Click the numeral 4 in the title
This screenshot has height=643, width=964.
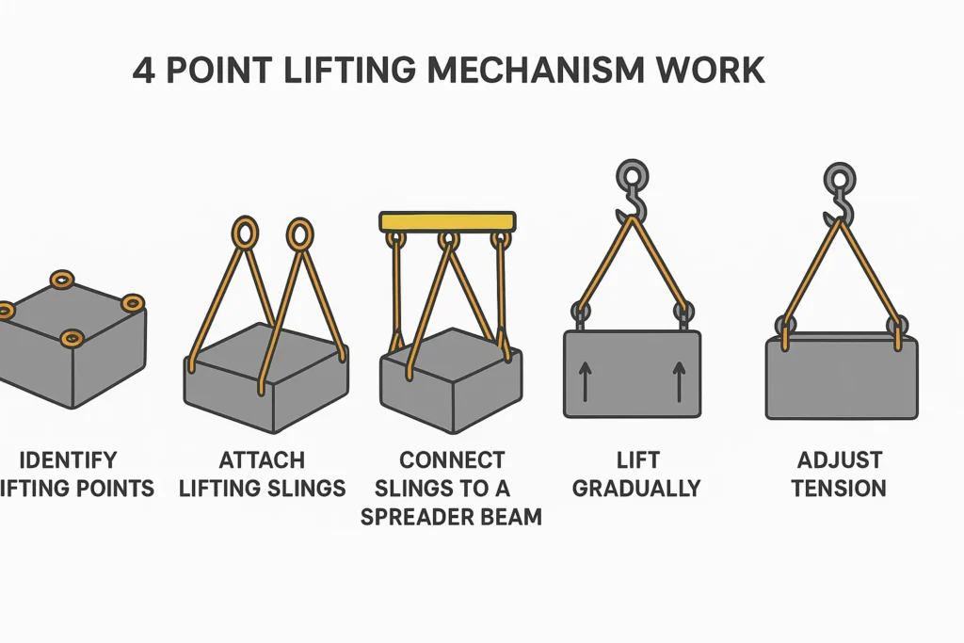(144, 72)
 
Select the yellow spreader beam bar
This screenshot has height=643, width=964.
(447, 221)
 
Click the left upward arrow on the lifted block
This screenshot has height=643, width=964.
(585, 380)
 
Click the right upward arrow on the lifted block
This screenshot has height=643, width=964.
(678, 380)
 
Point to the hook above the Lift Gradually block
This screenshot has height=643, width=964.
(632, 206)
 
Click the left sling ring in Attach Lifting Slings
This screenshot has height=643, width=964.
(244, 233)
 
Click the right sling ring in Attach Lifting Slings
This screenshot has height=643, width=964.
(299, 233)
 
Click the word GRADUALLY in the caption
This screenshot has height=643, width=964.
(636, 489)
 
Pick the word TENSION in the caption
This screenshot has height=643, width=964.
(840, 489)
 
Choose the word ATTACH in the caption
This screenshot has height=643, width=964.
(262, 460)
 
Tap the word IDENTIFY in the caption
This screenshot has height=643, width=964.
(68, 460)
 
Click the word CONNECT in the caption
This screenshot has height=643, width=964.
(452, 460)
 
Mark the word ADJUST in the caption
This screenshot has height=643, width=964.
(840, 460)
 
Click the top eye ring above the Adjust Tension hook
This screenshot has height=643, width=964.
(838, 176)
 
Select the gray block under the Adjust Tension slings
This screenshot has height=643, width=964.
(841, 377)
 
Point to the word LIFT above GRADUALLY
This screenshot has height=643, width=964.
(636, 460)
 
